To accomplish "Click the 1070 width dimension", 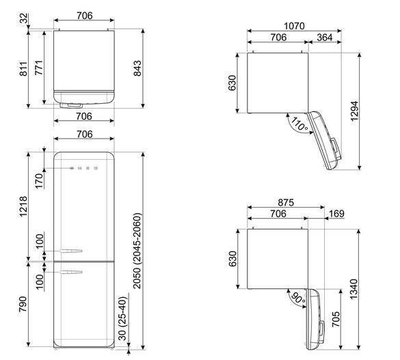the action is tap(294, 26).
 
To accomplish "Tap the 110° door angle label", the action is tap(299, 124).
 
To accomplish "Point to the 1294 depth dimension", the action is tap(354, 111).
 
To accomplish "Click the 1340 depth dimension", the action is tap(354, 289).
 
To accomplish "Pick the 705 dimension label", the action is tap(336, 319).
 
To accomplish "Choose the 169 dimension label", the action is tap(336, 214).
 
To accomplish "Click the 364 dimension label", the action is tap(325, 38).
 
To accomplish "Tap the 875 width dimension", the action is tap(286, 203).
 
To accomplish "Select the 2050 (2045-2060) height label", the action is tap(137, 251).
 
